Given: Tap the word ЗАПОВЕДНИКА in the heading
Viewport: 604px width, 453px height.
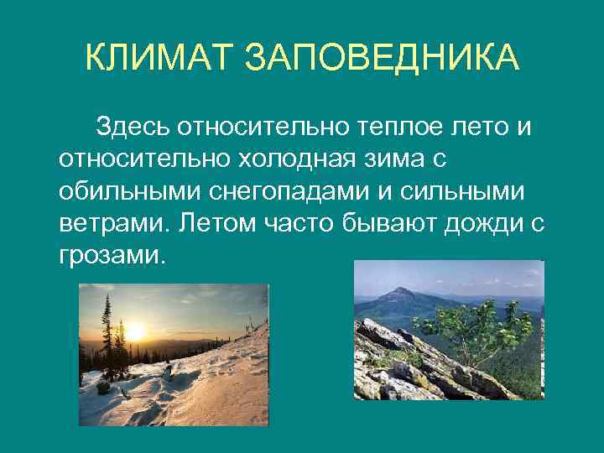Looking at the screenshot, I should pos(382,59).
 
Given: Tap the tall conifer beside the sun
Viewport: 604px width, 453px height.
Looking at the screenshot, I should pos(107,336).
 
